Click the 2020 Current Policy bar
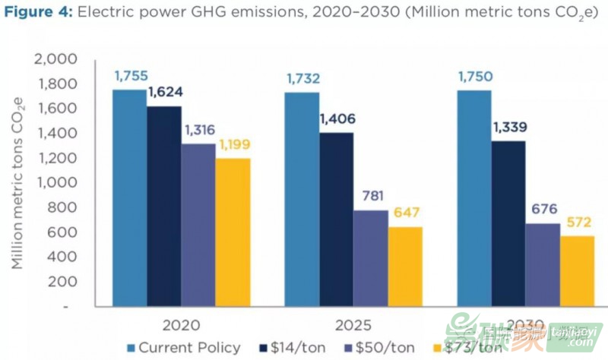pos(129,198)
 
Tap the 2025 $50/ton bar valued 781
pos(370,258)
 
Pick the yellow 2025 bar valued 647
pos(405,267)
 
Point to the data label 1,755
pos(131,76)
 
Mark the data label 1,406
pos(337,118)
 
